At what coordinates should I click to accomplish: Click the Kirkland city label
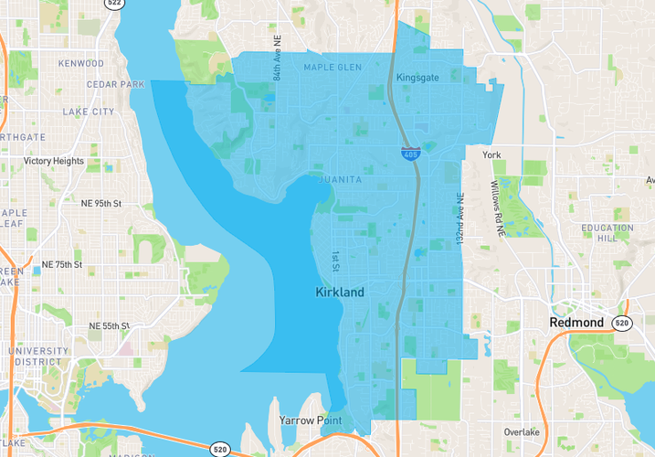point(339,292)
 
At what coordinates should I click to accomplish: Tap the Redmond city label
point(576,323)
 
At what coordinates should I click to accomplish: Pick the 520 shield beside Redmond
point(622,323)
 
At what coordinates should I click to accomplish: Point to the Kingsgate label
point(417,78)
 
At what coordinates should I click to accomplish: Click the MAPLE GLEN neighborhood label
point(333,68)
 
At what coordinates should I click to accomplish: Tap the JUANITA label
point(341,180)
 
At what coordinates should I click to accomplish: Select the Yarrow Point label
point(311,420)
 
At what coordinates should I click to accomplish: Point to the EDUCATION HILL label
point(607,233)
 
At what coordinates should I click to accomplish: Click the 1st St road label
point(335,261)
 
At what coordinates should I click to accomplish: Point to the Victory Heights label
point(54,162)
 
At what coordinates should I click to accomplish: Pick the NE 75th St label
point(62,265)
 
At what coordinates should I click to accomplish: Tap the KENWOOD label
point(81,64)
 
